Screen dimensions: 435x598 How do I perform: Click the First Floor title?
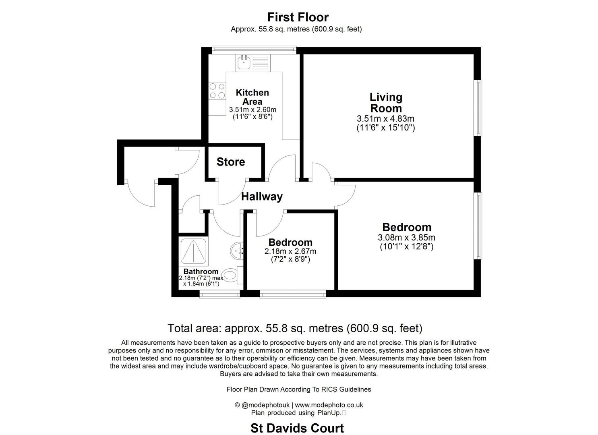(x=298, y=17)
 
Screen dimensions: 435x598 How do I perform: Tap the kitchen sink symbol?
(x=244, y=63)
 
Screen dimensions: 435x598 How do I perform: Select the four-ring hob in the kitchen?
(x=217, y=91)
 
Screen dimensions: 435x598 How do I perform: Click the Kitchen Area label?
(x=252, y=97)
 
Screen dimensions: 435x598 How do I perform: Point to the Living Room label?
(x=386, y=103)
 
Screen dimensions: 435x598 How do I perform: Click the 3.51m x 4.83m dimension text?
(x=385, y=119)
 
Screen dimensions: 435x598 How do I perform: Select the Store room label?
(x=231, y=162)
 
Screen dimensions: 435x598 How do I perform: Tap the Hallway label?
(x=262, y=197)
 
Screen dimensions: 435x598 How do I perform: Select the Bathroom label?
(x=201, y=271)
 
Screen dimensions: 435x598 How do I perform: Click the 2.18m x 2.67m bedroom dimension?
(x=290, y=251)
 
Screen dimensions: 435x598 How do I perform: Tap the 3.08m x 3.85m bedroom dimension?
(x=407, y=238)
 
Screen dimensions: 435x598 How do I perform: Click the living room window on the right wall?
(x=478, y=108)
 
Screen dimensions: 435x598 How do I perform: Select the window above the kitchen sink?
(x=254, y=49)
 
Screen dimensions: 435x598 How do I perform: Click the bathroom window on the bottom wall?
(x=220, y=294)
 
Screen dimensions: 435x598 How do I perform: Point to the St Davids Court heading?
(x=297, y=428)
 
